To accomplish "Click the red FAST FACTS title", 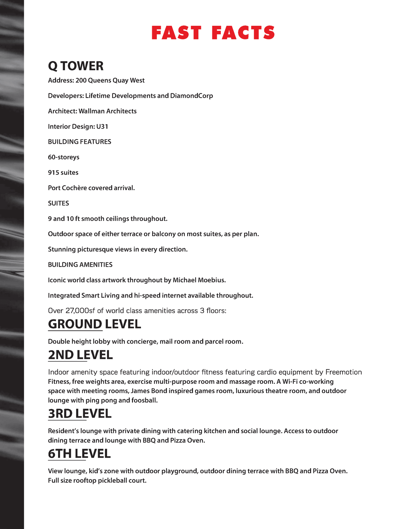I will tap(213, 33).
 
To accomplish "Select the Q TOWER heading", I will tap(76, 66).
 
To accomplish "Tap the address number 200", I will tap(81, 80).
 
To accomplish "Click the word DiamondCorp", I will tap(191, 96).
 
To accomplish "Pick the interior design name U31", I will tap(102, 126).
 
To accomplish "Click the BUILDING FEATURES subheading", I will tap(80, 142).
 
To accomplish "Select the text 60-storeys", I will tap(64, 157).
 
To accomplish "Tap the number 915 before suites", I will tap(53, 173).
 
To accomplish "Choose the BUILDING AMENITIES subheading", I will tap(80, 264).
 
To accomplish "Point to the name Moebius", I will tap(212, 280).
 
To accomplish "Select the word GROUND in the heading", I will tap(75, 324).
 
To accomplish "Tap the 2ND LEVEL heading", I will tap(80, 355).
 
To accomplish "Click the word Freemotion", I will tap(343, 372).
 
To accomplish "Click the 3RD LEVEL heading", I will tap(80, 414).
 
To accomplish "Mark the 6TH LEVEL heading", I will tap(79, 454).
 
